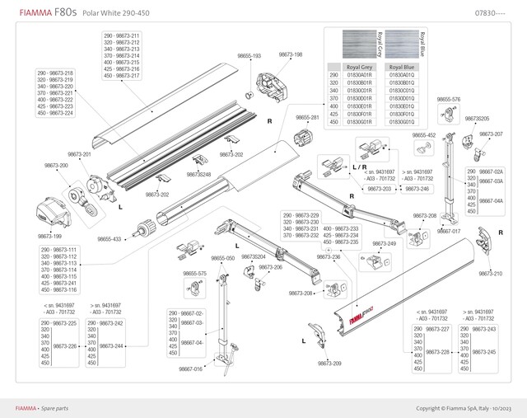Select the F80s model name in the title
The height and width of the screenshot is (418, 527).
pos(66,13)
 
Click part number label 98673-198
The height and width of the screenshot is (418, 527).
pos(290,54)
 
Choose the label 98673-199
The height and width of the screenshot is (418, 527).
pos(50,237)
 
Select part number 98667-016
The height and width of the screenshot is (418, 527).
pos(190,369)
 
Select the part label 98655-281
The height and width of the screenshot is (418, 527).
pos(307,118)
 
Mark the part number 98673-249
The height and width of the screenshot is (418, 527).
pos(385,244)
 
